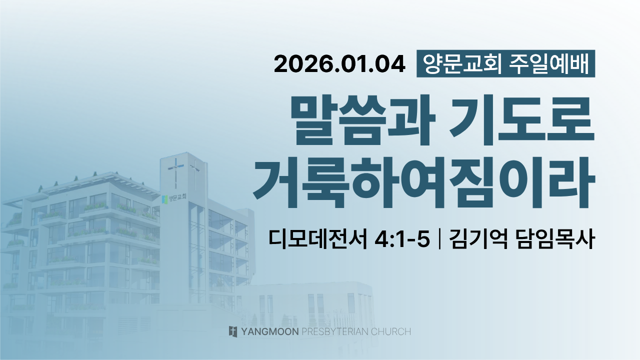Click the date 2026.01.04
339,64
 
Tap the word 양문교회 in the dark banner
462,64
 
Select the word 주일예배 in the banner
549,64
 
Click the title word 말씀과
362,120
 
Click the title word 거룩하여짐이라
424,182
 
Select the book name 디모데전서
317,239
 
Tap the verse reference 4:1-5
401,239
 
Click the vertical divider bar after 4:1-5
439,239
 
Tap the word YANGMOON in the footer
270,331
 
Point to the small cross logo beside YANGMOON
233,331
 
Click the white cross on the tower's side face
195,174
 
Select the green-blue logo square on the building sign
164,199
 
